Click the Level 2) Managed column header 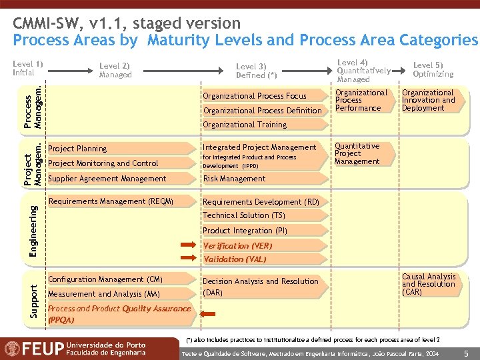point(115,70)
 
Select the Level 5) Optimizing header point(433,69)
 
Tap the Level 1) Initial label point(27,67)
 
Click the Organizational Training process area point(245,125)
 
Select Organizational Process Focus point(255,96)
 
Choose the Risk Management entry point(234,179)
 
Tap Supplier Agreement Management point(107,179)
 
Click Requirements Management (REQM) point(111,201)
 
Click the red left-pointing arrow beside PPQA point(209,314)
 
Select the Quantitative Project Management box point(357,153)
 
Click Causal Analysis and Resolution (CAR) point(429,284)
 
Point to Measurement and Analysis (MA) point(104,294)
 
